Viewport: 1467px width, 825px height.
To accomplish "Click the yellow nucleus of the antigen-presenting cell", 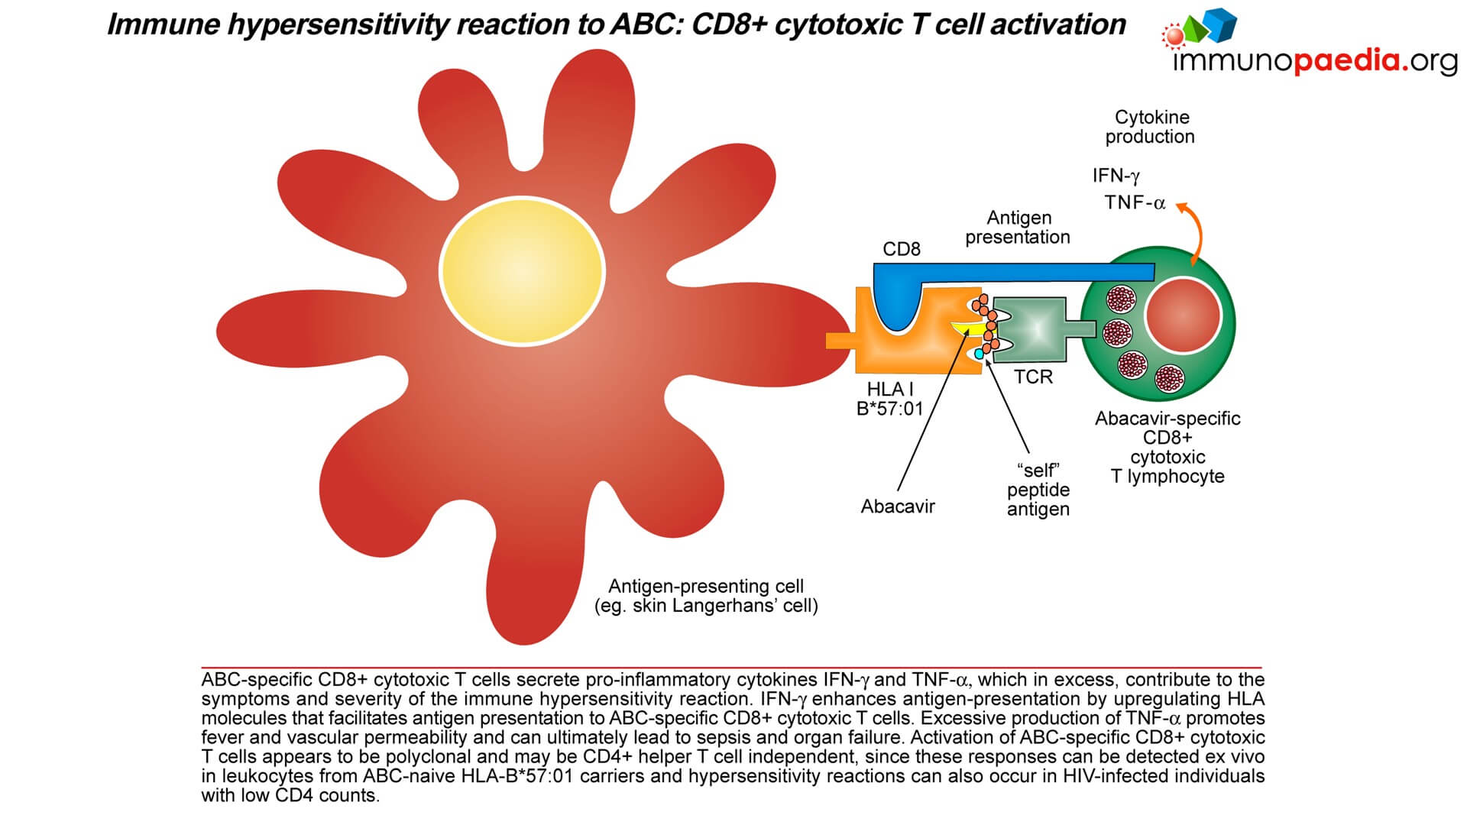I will click(523, 270).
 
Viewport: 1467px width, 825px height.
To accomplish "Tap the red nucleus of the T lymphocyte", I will click(1182, 315).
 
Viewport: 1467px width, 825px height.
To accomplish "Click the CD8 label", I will click(902, 249).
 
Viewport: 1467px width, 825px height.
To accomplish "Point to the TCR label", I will click(1033, 377).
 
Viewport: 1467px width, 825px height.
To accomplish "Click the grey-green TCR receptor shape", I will click(1031, 328).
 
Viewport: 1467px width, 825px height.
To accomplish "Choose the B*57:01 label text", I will click(890, 409).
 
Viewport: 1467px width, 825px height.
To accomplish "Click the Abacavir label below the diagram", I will click(898, 506).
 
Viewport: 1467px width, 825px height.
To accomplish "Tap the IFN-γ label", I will click(1116, 176).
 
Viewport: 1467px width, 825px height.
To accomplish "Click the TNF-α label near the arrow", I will click(1135, 202).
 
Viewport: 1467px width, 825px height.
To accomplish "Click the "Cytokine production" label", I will click(1151, 127).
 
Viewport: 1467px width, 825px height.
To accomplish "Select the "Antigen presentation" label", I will click(1018, 228).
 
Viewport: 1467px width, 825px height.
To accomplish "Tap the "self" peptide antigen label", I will click(1038, 490).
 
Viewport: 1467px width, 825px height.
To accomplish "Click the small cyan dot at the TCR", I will click(979, 354).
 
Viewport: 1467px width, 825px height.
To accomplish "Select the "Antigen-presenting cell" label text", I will click(706, 587).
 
